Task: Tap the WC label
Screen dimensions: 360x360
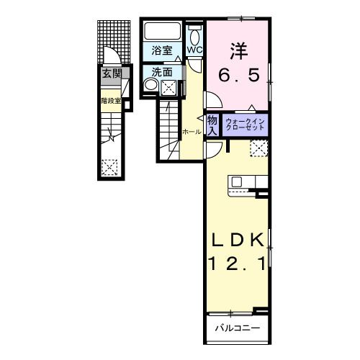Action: pos(195,50)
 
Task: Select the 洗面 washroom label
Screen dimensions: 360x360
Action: pos(163,72)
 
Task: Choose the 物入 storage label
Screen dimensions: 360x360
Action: pos(212,125)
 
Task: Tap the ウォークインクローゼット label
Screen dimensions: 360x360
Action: pos(246,125)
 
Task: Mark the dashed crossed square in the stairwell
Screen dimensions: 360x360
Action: pos(109,168)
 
